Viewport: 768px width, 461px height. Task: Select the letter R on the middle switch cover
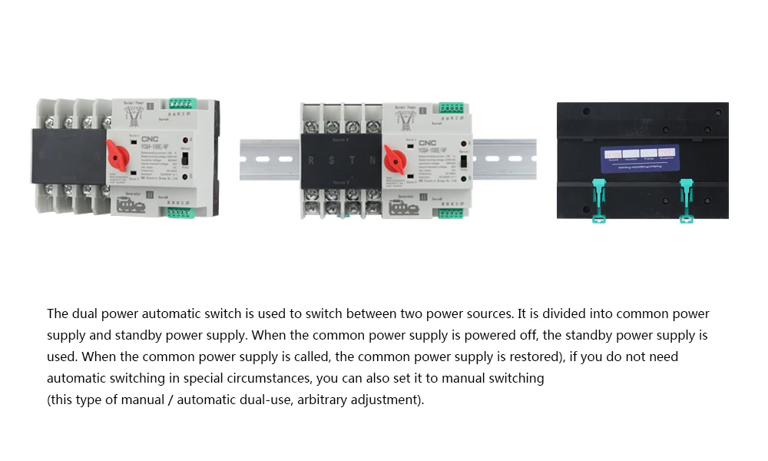click(x=310, y=161)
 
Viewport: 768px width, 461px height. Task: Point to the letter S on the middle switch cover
click(x=332, y=161)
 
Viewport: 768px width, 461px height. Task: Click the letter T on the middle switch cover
click(x=353, y=161)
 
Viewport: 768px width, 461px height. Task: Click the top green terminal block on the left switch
click(x=183, y=103)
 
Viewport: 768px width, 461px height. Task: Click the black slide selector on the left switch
click(x=185, y=163)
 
